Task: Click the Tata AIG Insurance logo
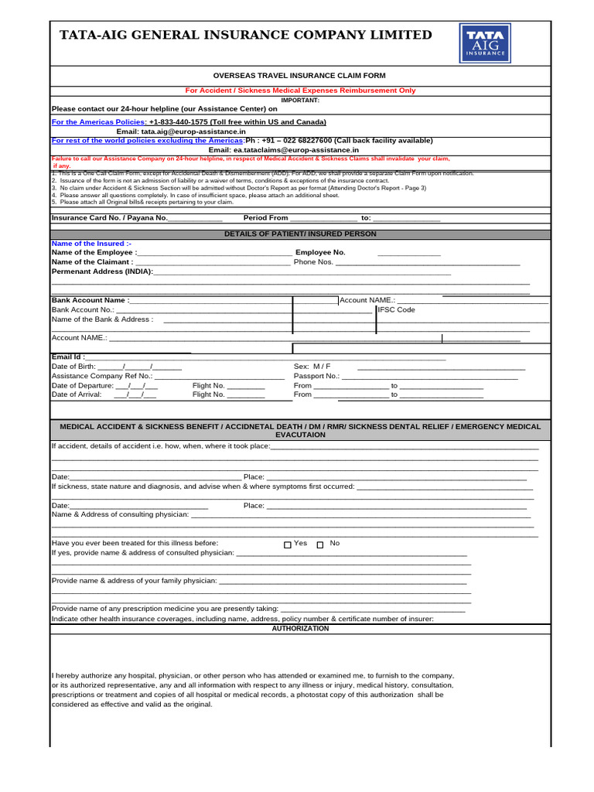tap(485, 43)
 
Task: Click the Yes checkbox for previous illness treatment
tap(288, 544)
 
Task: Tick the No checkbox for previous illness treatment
tap(320, 544)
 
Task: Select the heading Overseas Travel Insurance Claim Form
tap(299, 75)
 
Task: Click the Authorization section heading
tap(300, 629)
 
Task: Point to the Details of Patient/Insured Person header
tap(300, 234)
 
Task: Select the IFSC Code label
tap(396, 309)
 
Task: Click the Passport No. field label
tap(316, 376)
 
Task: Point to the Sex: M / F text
tap(312, 366)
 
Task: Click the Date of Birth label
tap(73, 367)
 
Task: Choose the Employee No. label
tap(320, 252)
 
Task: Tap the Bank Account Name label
tap(90, 300)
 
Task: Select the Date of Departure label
tap(82, 385)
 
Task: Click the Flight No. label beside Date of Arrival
tap(208, 394)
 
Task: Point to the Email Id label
tap(68, 357)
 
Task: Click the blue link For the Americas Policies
tap(98, 122)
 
